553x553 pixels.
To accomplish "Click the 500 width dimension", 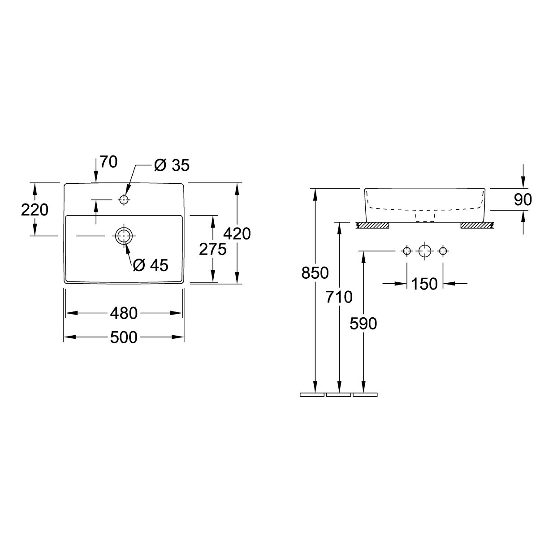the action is click(x=124, y=337).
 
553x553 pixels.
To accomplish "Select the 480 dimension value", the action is click(x=124, y=313).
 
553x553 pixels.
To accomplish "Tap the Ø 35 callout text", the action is click(x=172, y=165).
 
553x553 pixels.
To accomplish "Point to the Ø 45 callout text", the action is click(x=151, y=265).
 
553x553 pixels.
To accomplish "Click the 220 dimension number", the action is click(x=35, y=210).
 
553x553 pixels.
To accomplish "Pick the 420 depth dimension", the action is click(x=237, y=233).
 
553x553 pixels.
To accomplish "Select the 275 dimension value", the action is click(x=213, y=249).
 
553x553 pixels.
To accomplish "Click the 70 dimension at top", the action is click(x=109, y=162).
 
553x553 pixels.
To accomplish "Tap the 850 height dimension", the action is click(x=315, y=273).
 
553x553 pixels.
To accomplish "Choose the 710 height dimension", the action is click(x=339, y=297).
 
